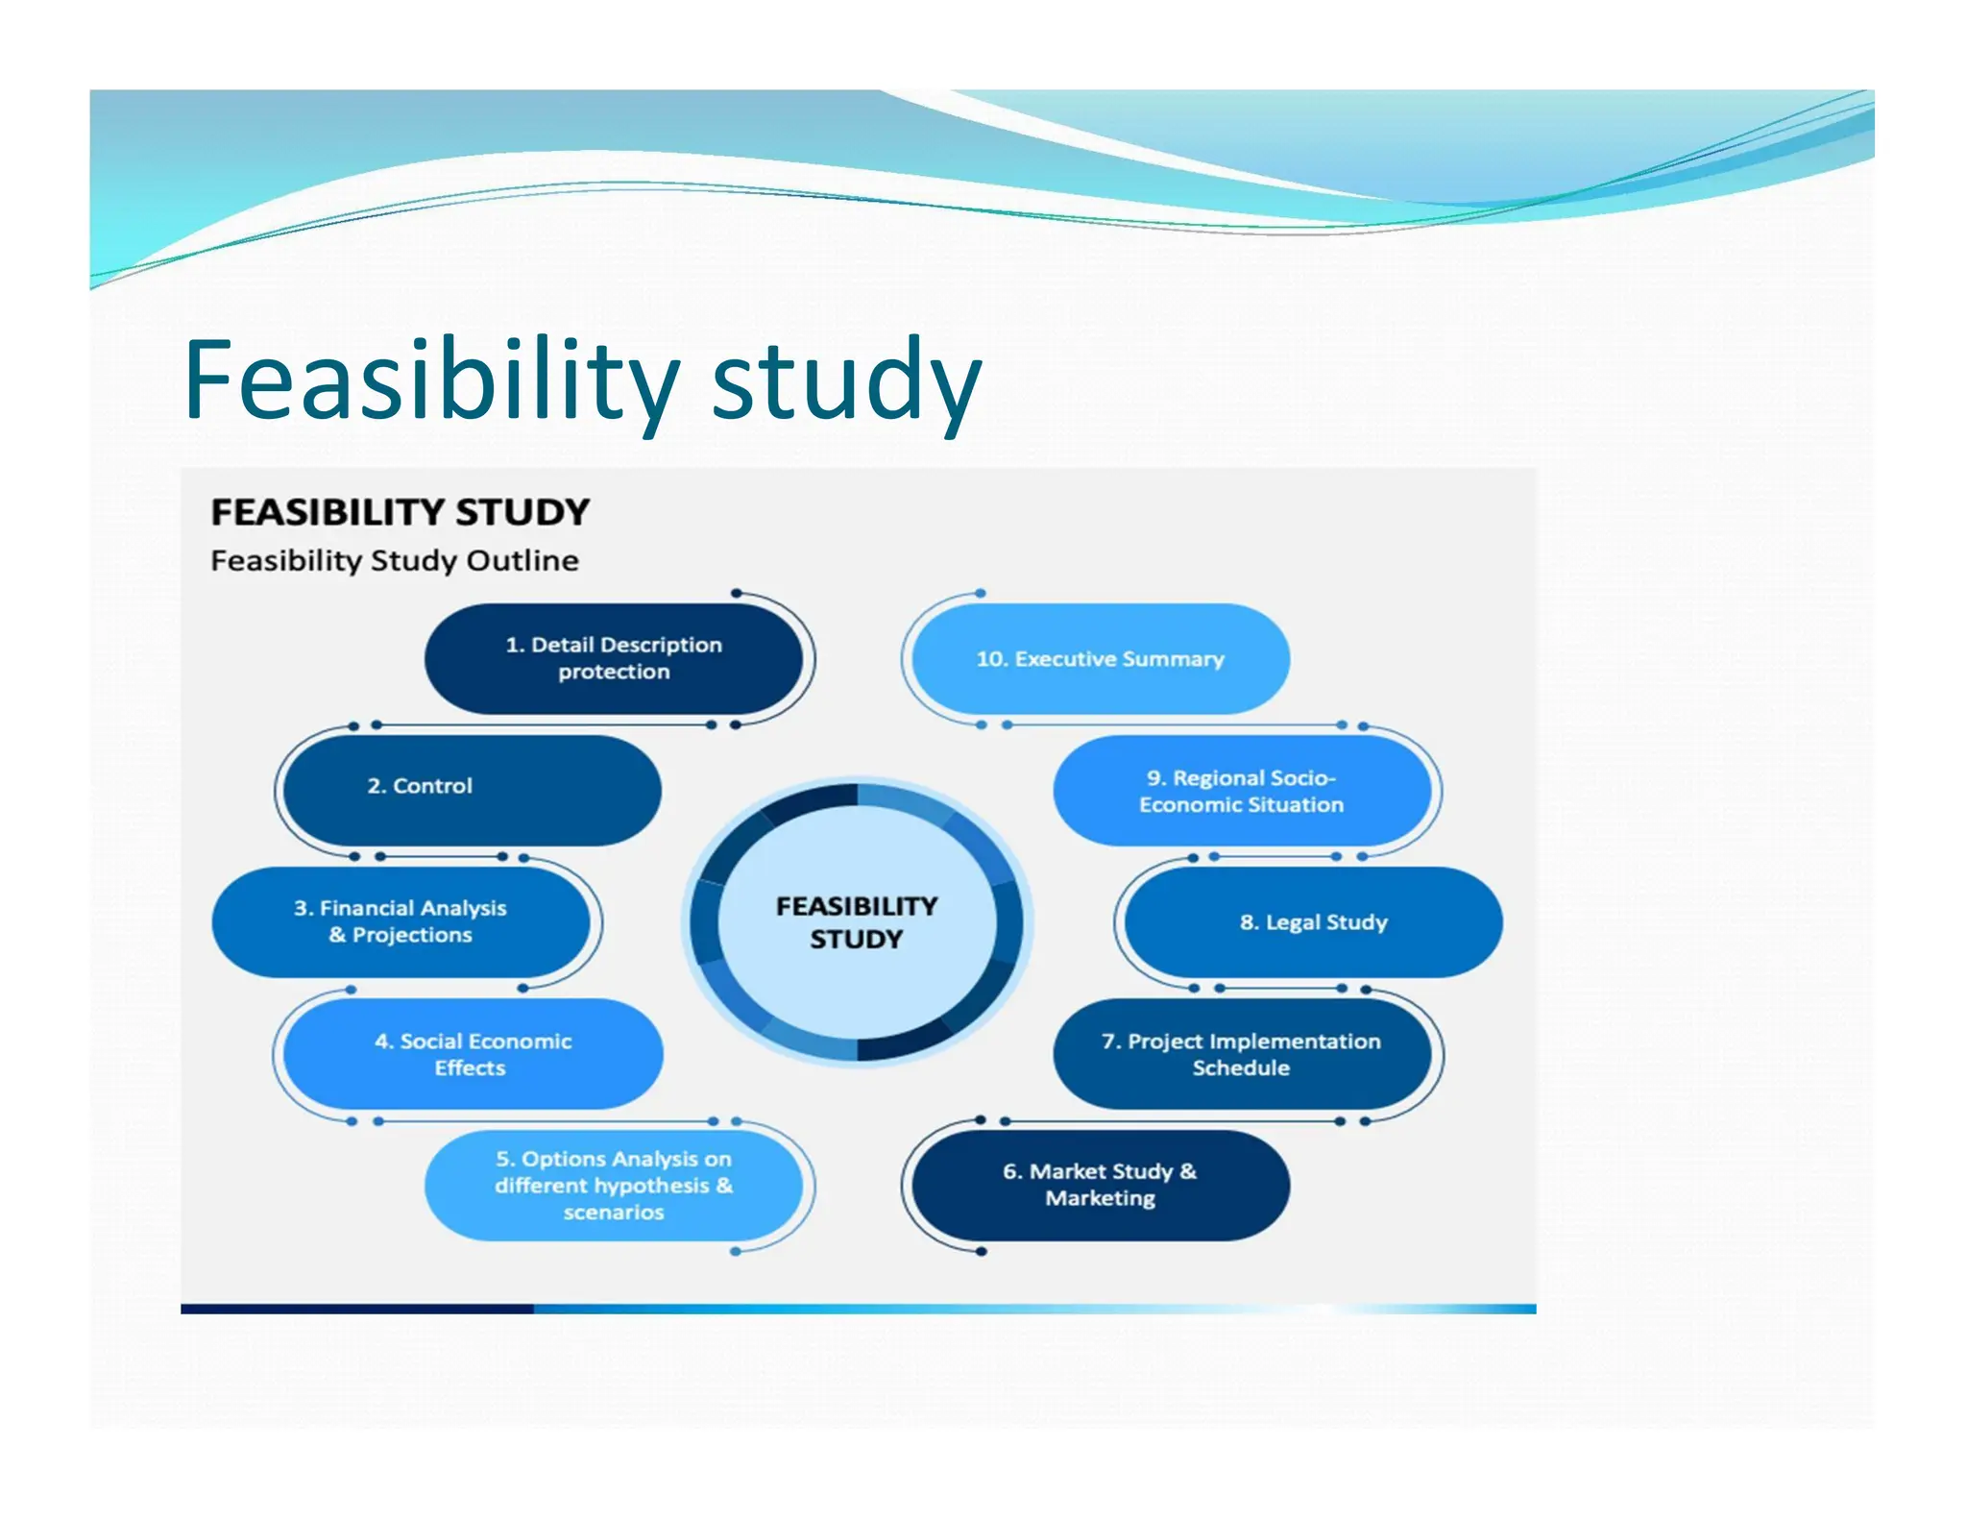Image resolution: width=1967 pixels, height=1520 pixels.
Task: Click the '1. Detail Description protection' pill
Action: [x=614, y=658]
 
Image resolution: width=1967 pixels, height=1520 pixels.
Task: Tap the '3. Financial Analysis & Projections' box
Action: [x=401, y=922]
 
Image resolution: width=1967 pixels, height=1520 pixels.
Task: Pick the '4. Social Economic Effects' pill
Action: [x=473, y=1054]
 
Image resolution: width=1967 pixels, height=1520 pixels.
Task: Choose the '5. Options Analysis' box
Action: [x=614, y=1186]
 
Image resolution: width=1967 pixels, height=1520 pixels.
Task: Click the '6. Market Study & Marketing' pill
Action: [x=1100, y=1185]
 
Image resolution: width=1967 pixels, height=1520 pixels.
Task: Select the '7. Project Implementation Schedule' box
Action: [x=1241, y=1054]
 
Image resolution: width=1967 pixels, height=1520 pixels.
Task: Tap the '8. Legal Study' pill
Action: [x=1313, y=922]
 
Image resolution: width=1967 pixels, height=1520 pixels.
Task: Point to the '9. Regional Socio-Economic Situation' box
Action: [x=1241, y=791]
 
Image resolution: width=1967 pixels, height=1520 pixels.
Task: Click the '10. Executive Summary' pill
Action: [x=1100, y=659]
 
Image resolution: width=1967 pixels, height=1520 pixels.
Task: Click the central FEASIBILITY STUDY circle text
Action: [x=856, y=922]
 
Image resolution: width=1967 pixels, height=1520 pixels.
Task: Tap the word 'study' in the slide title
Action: [x=845, y=382]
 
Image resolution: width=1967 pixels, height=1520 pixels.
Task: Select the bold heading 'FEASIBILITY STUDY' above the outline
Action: [x=400, y=512]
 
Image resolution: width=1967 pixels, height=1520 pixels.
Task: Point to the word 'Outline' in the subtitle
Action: [x=522, y=560]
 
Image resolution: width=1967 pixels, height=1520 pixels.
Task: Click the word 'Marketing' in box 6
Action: [x=1101, y=1198]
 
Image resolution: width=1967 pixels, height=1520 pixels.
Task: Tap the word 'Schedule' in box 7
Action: [x=1241, y=1067]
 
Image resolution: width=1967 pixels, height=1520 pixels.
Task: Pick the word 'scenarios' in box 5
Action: [x=614, y=1213]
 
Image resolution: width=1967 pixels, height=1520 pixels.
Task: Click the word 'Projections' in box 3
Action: [x=412, y=935]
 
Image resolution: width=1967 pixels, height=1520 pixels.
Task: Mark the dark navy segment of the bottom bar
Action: [x=356, y=1309]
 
